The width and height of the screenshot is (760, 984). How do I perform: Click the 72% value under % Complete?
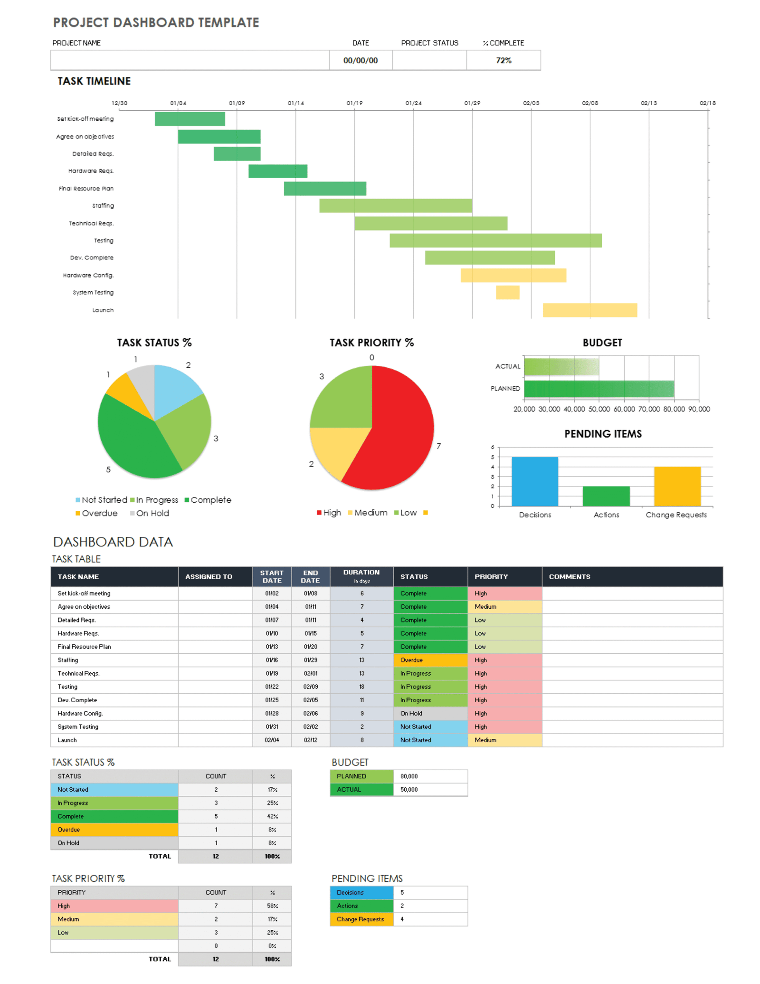pyautogui.click(x=503, y=60)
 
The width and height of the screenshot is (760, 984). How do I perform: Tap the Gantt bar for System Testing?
pyautogui.click(x=507, y=292)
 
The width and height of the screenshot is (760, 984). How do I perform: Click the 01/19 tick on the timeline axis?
pyautogui.click(x=354, y=103)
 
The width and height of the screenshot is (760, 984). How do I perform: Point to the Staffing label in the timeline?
pyautogui.click(x=103, y=206)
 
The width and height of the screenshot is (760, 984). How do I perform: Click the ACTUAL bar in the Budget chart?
pyautogui.click(x=560, y=366)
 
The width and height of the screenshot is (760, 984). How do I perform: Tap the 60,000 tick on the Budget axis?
pyautogui.click(x=624, y=409)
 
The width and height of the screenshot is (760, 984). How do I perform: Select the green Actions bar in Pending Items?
pyautogui.click(x=606, y=496)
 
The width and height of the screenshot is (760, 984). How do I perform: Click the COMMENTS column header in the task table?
pyautogui.click(x=569, y=576)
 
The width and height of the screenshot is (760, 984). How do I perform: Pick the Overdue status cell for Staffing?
pyautogui.click(x=430, y=660)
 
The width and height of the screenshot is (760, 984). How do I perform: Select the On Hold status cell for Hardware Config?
pyautogui.click(x=430, y=713)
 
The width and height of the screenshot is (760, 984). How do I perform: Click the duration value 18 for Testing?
pyautogui.click(x=361, y=687)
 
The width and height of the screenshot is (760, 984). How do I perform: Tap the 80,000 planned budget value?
pyautogui.click(x=408, y=776)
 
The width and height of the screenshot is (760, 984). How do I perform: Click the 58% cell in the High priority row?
pyautogui.click(x=272, y=906)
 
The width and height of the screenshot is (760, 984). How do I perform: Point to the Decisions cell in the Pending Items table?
pyautogui.click(x=361, y=892)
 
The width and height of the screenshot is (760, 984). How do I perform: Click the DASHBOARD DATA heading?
pyautogui.click(x=113, y=542)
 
